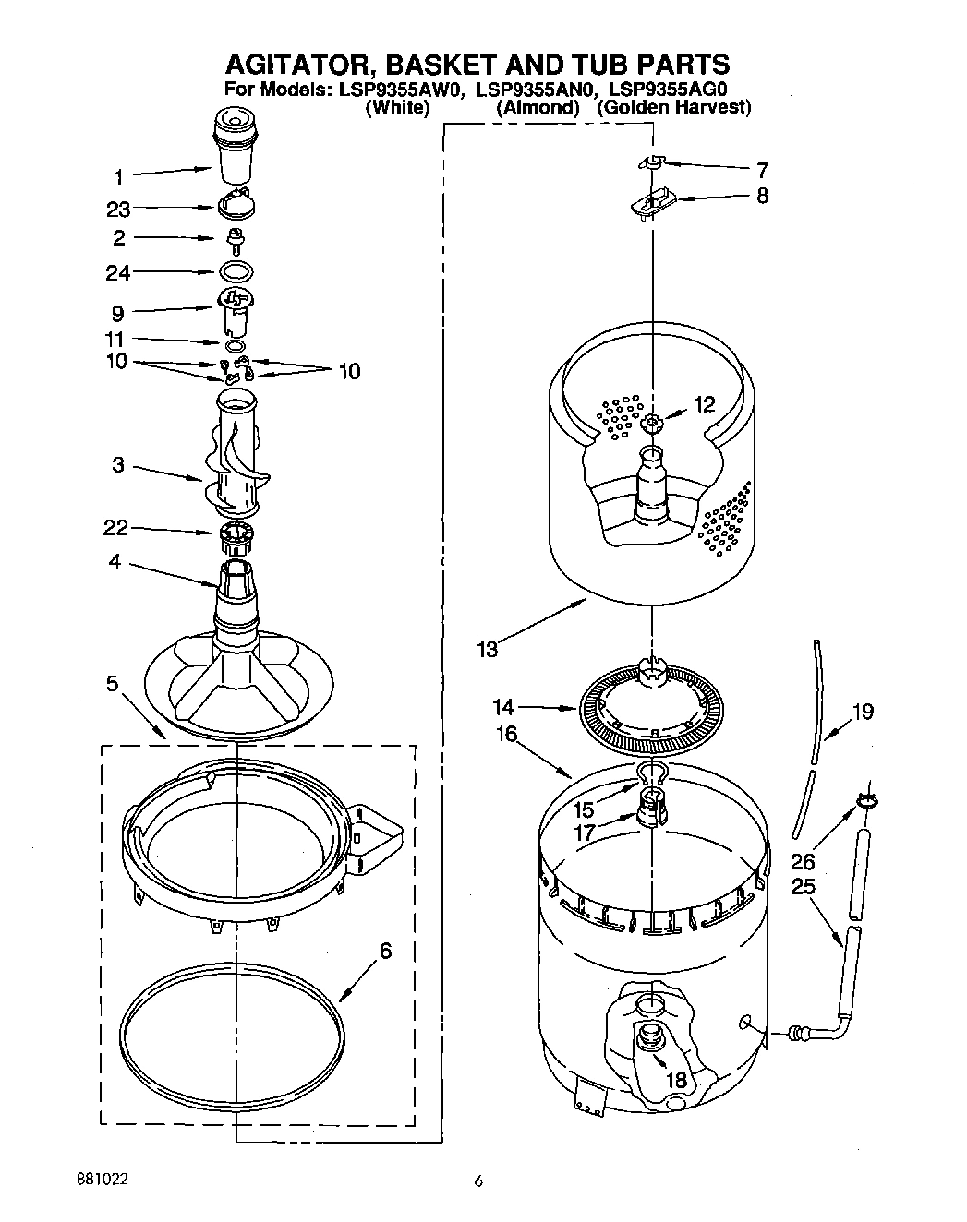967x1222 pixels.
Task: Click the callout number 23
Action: tap(119, 210)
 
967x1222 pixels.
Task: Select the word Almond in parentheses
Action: tap(538, 108)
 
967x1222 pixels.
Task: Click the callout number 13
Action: tap(488, 649)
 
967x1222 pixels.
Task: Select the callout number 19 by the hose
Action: tap(862, 712)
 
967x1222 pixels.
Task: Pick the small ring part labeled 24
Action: tap(237, 272)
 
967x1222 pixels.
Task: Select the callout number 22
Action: tap(116, 528)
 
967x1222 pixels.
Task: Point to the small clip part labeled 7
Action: tap(652, 162)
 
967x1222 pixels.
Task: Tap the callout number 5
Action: tap(112, 684)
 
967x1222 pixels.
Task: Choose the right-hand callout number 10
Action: tap(349, 372)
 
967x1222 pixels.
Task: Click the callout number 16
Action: tap(507, 735)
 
